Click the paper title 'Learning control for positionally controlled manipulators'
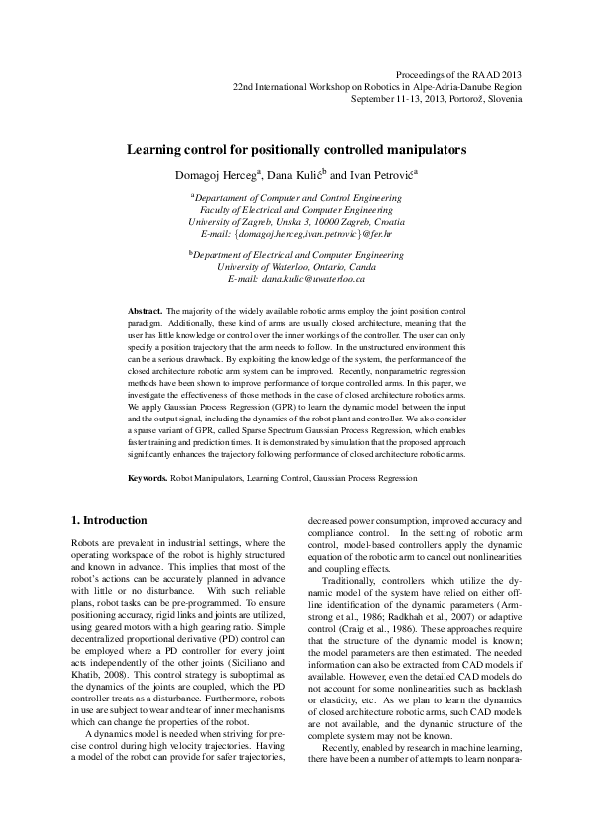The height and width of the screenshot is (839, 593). tap(296, 150)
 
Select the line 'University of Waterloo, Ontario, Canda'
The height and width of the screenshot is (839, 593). tap(296, 268)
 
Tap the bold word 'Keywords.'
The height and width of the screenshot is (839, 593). tap(148, 479)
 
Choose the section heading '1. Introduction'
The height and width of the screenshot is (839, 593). tap(109, 520)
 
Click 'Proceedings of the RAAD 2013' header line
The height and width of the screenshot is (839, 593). tap(458, 75)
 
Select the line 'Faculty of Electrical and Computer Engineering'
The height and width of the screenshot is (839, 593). tap(296, 211)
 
